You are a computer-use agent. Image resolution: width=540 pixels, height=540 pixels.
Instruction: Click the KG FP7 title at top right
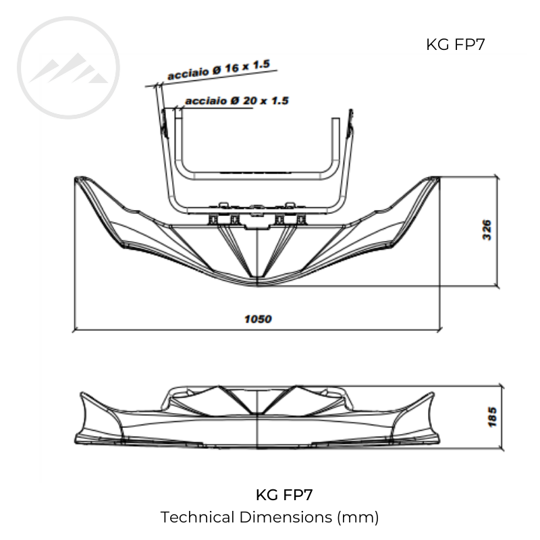(456, 45)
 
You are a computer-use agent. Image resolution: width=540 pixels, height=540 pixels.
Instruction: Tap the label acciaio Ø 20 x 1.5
(236, 101)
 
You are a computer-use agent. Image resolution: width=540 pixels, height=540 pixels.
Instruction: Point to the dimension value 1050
(258, 319)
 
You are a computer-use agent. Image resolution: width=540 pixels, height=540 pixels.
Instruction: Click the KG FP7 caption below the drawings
(284, 495)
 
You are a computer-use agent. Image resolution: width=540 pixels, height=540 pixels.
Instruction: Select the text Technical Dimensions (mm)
(270, 518)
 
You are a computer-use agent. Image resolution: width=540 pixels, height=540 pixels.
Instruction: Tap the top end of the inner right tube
(333, 122)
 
